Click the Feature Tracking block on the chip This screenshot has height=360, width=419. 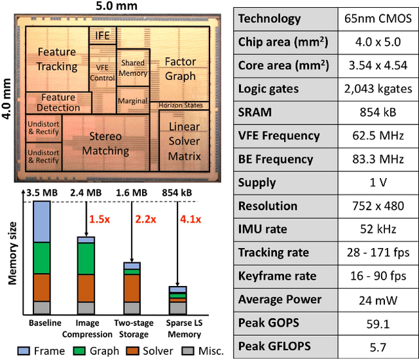tap(57, 58)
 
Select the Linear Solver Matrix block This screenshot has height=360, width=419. tap(184, 141)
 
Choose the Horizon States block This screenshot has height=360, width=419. tap(183, 105)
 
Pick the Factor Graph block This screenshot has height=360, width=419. tap(180, 69)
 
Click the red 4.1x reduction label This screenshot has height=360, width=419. tap(189, 217)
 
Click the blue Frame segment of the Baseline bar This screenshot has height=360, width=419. tap(42, 222)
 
